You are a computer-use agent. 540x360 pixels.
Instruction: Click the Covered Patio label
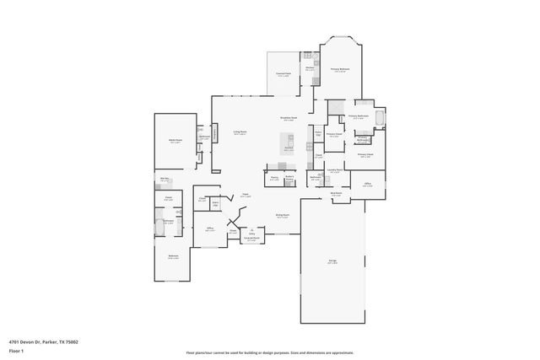pos(283,74)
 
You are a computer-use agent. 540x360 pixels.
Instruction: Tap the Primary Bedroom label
pos(340,69)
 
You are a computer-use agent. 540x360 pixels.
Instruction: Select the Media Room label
pos(176,140)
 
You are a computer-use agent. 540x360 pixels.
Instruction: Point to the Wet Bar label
pos(165,179)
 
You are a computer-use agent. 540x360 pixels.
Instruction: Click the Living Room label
pos(240,132)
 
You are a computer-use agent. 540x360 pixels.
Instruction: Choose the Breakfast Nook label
pos(289,119)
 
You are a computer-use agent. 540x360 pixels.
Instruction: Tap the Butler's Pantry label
pos(289,178)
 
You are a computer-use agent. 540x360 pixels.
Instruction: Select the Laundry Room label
pos(334,169)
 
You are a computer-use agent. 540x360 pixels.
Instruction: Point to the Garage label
pos(332,261)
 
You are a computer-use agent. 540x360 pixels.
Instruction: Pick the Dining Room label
pos(283,216)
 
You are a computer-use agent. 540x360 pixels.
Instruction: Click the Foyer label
pos(245,195)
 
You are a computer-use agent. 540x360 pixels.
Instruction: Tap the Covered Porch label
pos(251,239)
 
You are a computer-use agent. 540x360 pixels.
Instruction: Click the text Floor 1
pos(16,350)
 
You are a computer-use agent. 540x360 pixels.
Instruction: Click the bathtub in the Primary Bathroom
pos(379,118)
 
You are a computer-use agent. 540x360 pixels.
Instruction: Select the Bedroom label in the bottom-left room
pos(173,256)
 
